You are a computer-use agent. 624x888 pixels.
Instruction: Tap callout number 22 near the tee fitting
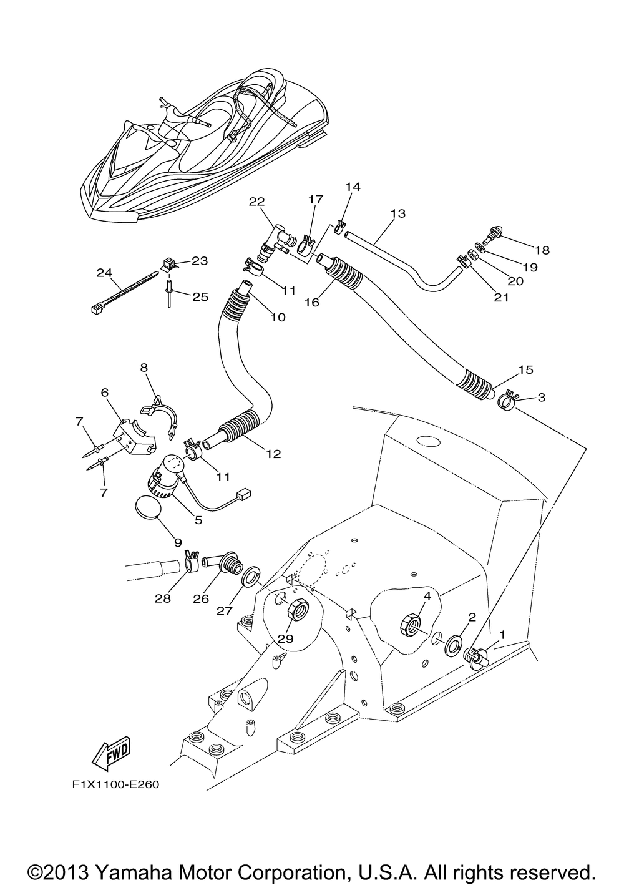coord(257,202)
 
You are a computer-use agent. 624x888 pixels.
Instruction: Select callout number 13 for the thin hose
coord(398,213)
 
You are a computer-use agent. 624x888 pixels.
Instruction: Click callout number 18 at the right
coord(542,250)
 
